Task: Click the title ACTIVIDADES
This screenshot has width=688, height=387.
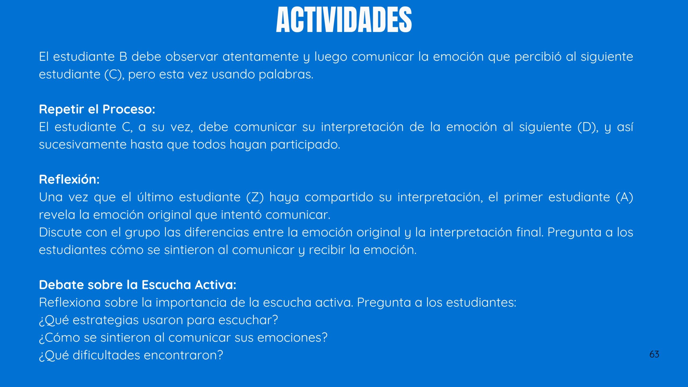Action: point(344,20)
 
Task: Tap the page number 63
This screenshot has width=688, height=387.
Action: point(654,354)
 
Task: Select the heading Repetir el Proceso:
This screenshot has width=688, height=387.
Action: point(97,109)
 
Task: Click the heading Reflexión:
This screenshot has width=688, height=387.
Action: point(69,179)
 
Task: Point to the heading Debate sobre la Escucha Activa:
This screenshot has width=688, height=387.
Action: point(138,285)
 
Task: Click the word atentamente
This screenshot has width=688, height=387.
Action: point(261,57)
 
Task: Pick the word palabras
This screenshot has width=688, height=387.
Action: point(286,74)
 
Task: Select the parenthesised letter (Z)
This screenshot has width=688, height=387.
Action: point(255,197)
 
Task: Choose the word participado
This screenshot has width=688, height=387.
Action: point(305,145)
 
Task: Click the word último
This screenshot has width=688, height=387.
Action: point(155,197)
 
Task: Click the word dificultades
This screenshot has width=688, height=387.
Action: point(106,355)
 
